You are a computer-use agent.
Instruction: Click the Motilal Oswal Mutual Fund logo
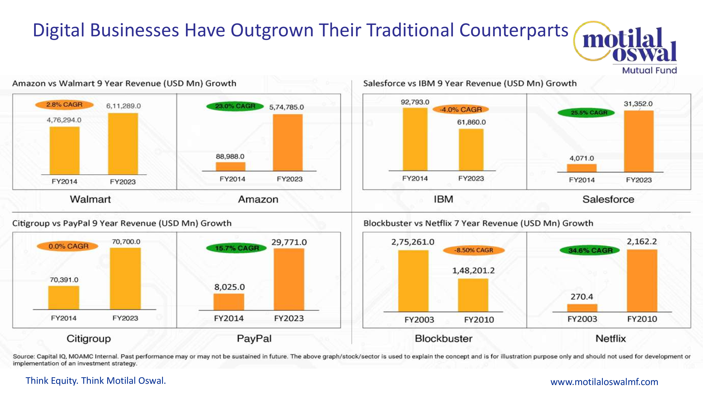click(x=628, y=46)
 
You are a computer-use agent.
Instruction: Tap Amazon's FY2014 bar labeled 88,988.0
click(x=231, y=167)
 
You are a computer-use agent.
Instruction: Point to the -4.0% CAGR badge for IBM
click(x=461, y=110)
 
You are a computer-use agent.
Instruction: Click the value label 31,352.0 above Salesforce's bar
click(x=638, y=104)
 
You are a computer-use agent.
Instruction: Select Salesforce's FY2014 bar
click(x=582, y=168)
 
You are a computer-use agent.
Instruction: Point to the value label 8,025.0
click(x=230, y=287)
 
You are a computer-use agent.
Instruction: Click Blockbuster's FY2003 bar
click(x=413, y=281)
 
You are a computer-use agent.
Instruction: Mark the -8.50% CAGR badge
click(x=473, y=250)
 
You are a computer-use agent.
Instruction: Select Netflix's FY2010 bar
click(x=642, y=281)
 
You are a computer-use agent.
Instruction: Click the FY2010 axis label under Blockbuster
click(x=479, y=320)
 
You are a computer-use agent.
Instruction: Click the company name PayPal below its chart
click(x=254, y=339)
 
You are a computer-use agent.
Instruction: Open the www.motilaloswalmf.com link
click(x=604, y=382)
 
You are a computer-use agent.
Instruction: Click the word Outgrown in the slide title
click(x=272, y=30)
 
